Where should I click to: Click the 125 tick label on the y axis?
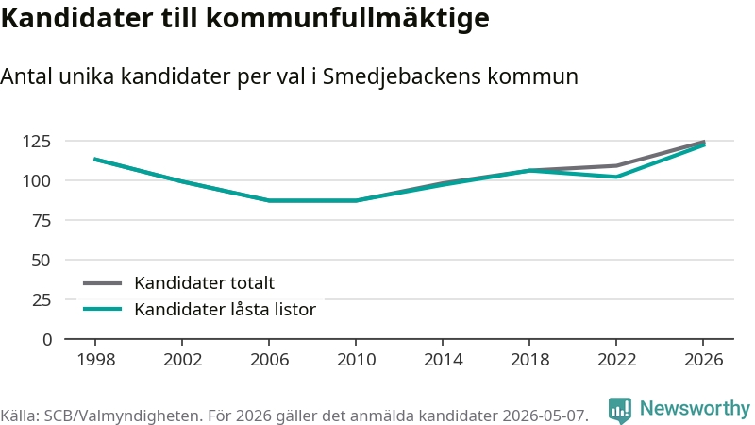click(x=37, y=141)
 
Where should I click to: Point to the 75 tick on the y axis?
click(x=42, y=221)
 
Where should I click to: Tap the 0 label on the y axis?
click(x=46, y=340)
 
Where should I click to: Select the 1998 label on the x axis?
click(x=96, y=360)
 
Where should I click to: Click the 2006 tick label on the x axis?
click(x=269, y=360)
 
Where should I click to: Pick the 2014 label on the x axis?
click(x=443, y=360)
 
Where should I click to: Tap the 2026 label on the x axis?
click(x=703, y=360)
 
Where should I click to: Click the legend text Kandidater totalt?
click(x=204, y=282)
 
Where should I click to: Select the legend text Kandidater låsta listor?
click(x=225, y=310)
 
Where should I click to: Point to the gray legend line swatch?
click(x=103, y=283)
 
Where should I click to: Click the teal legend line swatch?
click(x=103, y=309)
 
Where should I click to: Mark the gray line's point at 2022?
click(x=616, y=166)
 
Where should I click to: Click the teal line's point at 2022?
click(x=616, y=177)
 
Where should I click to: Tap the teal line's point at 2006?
click(x=269, y=200)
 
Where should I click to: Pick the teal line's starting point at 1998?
click(x=95, y=159)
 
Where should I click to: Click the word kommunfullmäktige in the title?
click(x=348, y=18)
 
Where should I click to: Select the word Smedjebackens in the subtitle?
click(x=402, y=76)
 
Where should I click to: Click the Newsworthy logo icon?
click(x=620, y=411)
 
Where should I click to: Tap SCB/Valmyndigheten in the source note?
click(x=124, y=416)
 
